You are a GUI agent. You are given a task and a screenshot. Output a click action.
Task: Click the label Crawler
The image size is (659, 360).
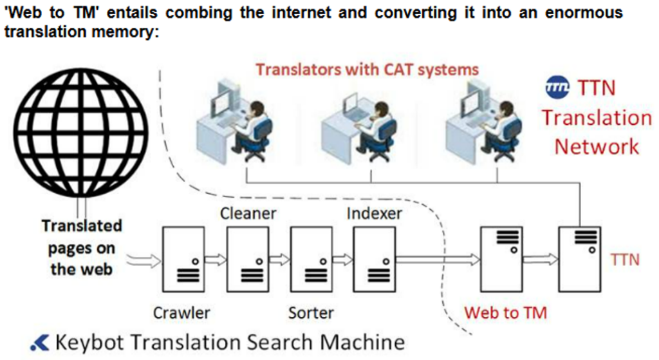[181, 313]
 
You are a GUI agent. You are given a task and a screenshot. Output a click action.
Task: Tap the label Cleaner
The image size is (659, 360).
[248, 213]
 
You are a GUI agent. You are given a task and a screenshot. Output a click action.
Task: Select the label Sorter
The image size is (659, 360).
[311, 313]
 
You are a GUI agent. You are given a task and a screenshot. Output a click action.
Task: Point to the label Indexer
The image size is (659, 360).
[375, 213]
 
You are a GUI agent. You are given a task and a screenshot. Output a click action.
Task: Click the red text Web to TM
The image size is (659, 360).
[506, 313]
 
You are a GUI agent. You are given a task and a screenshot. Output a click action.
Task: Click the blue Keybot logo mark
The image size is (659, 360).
[39, 342]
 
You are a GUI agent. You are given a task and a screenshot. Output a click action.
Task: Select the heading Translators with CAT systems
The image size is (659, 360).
[367, 69]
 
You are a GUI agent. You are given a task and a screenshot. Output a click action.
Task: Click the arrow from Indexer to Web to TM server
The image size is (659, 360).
[438, 260]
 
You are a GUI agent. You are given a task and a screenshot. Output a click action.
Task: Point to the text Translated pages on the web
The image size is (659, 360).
[81, 247]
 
